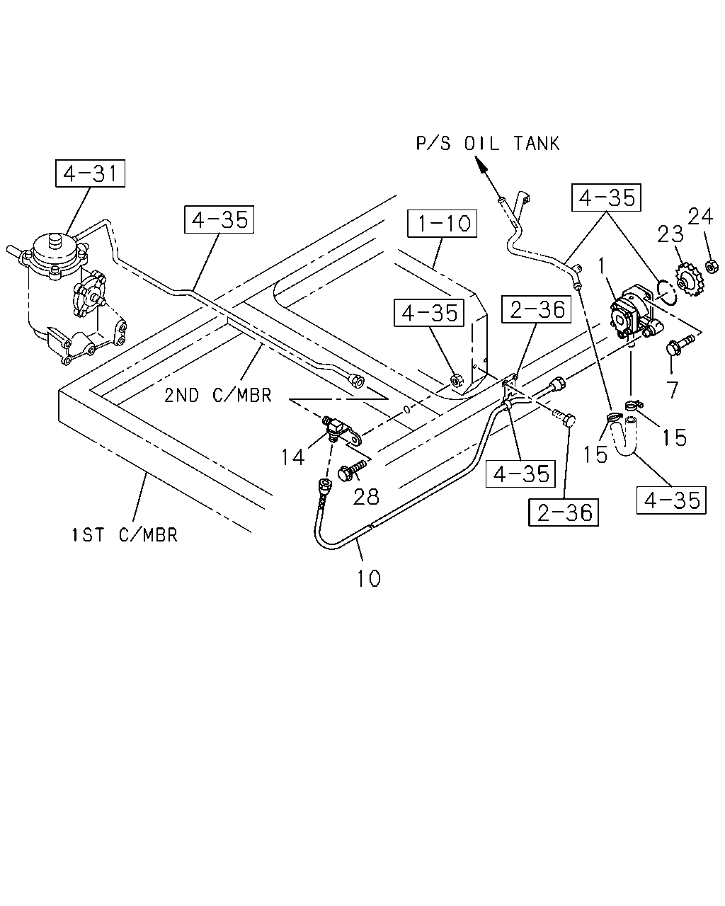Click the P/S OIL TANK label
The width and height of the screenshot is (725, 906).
487,144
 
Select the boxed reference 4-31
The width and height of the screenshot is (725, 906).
90,173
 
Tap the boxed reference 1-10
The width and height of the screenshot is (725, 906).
443,223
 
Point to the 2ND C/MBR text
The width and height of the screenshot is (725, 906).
218,395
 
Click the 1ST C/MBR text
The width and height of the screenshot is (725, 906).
125,535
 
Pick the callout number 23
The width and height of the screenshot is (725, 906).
670,234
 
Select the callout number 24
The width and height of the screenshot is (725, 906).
700,217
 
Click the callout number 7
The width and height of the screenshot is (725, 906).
673,389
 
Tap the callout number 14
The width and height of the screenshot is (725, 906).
292,457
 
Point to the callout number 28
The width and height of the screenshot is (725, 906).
366,497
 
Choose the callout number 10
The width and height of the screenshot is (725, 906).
369,578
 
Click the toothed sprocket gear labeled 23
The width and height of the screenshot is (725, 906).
686,280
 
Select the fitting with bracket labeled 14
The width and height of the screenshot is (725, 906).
341,430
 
